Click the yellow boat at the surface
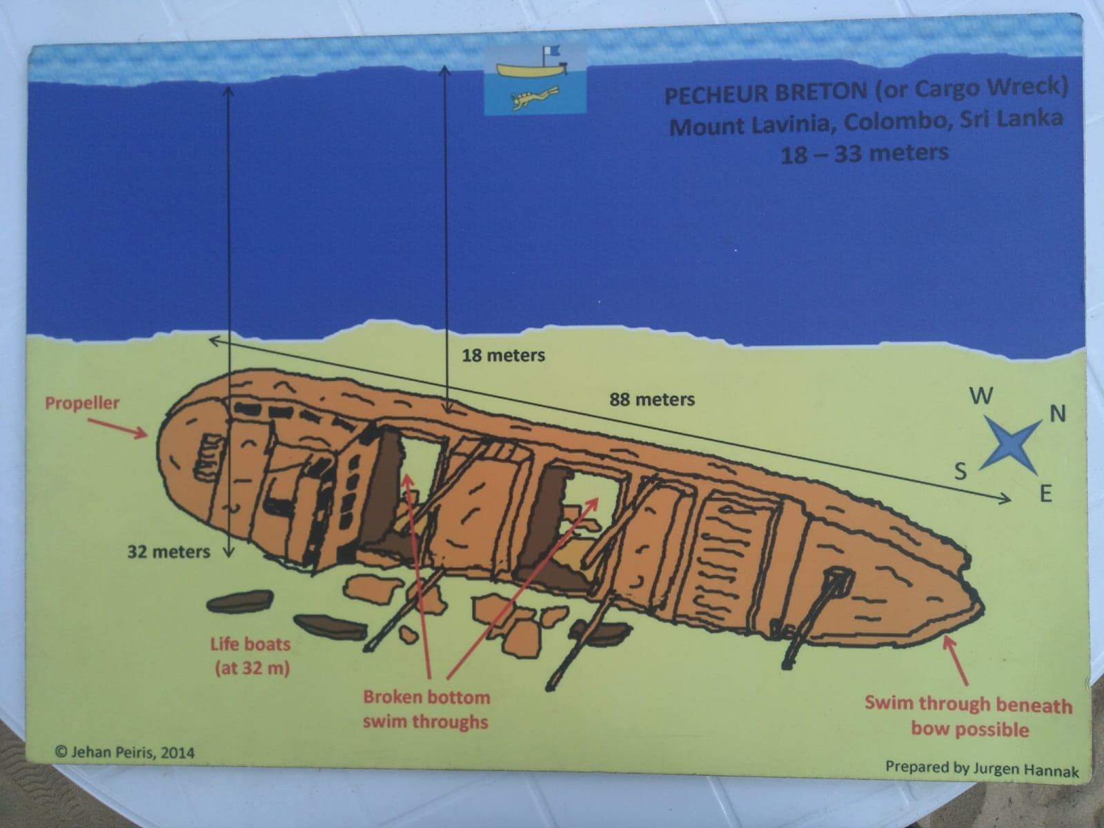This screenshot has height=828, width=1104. [x=531, y=70]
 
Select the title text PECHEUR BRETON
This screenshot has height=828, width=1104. [x=765, y=94]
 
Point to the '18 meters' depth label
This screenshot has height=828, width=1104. [x=504, y=355]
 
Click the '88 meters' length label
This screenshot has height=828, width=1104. [x=652, y=400]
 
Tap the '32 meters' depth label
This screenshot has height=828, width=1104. [x=168, y=552]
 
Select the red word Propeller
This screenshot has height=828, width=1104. [x=83, y=403]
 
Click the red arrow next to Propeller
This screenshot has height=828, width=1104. [x=118, y=428]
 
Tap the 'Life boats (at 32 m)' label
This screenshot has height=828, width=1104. [x=251, y=657]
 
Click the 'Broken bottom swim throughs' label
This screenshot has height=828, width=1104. [x=426, y=709]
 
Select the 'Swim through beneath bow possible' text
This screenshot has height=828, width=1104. [x=969, y=716]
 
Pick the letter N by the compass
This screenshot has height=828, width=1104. [x=1058, y=414]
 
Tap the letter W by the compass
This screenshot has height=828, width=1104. [x=981, y=397]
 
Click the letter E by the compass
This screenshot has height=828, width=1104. [x=1045, y=495]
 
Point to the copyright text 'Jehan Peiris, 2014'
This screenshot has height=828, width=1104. [x=125, y=753]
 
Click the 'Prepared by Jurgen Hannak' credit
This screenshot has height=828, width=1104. [x=982, y=769]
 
